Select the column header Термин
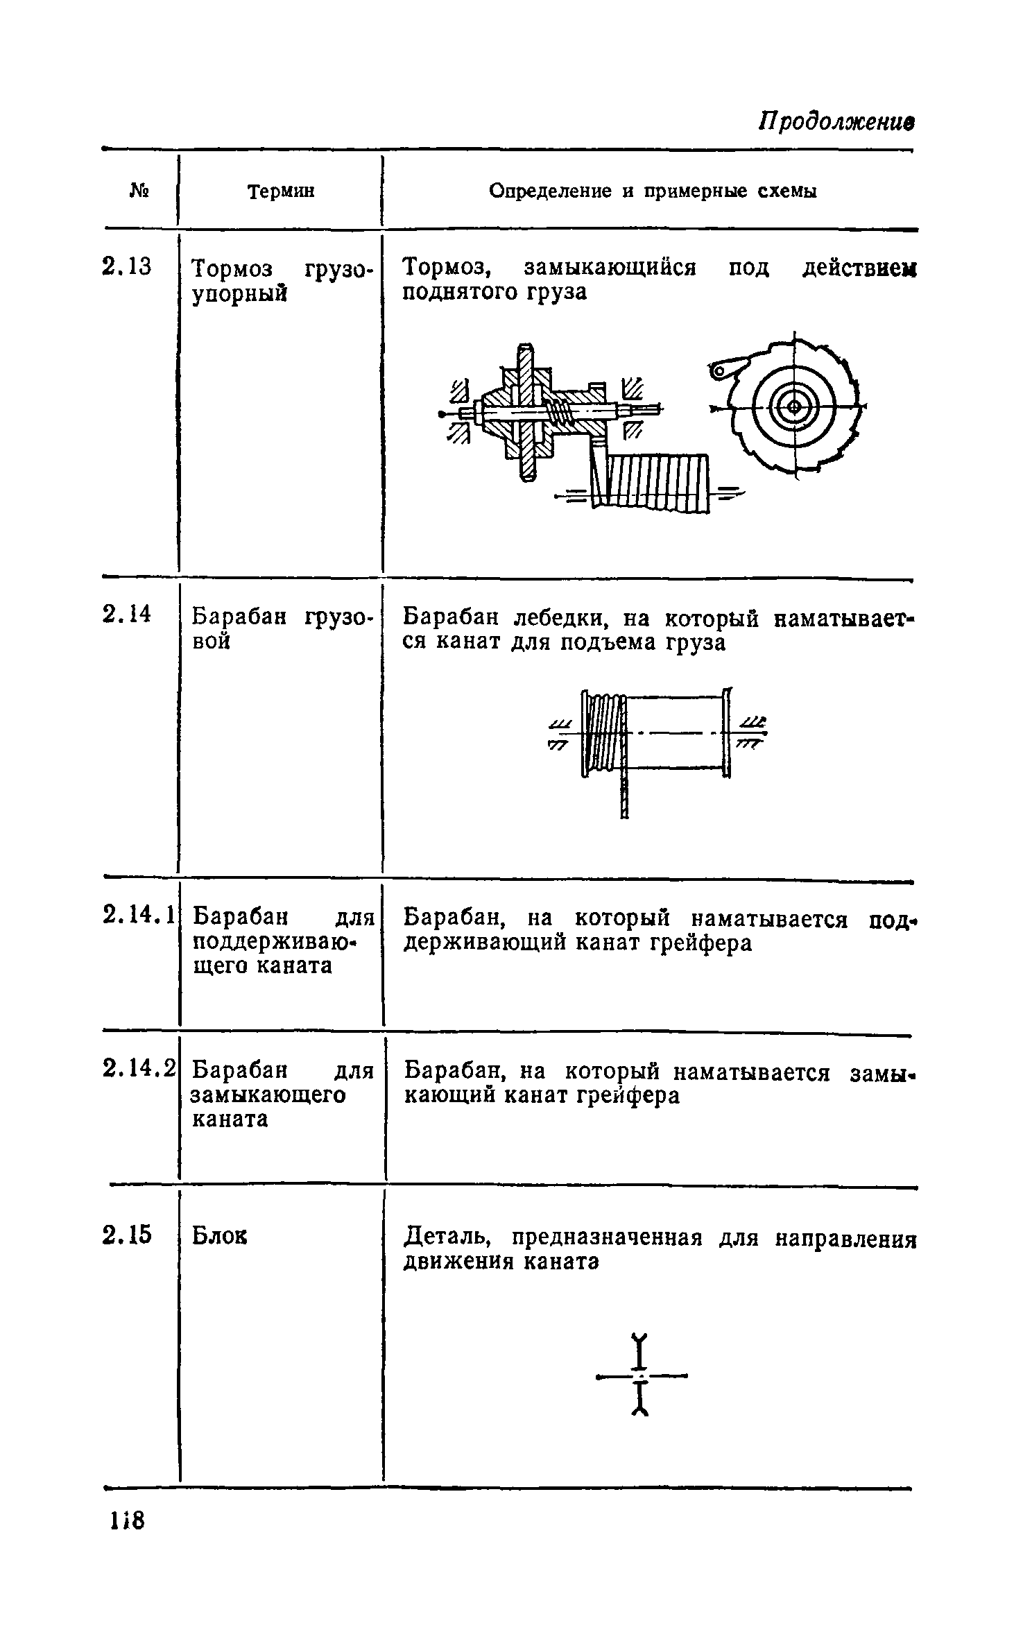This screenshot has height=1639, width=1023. coord(281,191)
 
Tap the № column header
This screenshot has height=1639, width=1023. coord(140,190)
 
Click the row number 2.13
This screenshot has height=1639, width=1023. coord(126,267)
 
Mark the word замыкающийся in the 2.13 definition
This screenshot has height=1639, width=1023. coord(610,267)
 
